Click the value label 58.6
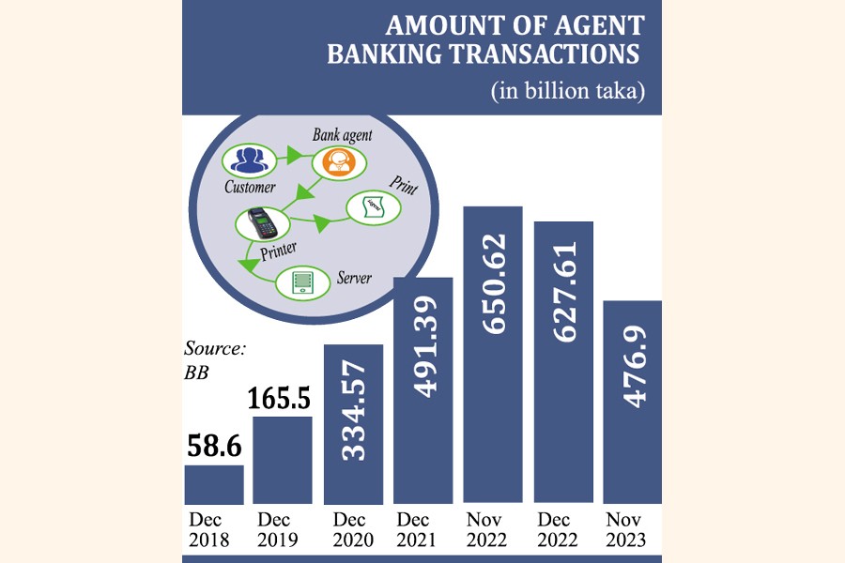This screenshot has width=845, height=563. [x=213, y=445]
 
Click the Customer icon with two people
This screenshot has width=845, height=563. [x=249, y=160]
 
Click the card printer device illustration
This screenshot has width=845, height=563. [x=261, y=224]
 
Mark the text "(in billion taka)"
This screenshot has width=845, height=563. [x=569, y=92]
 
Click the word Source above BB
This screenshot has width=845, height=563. [x=215, y=349]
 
